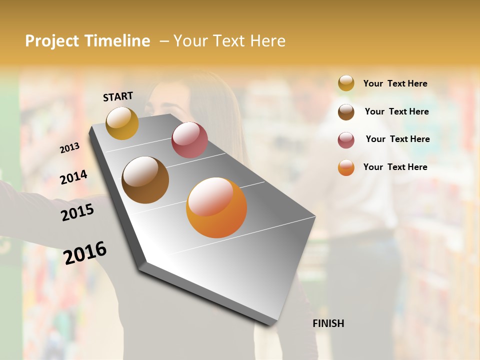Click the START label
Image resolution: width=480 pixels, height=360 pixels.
[118, 96]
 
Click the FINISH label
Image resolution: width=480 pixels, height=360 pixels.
[328, 323]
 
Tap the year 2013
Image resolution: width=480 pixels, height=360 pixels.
[69, 148]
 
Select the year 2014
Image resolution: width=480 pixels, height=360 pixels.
[73, 177]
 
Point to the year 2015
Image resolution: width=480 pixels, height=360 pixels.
[77, 212]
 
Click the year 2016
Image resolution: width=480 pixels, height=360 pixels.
[85, 252]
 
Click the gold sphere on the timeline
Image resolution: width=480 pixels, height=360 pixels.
[122, 123]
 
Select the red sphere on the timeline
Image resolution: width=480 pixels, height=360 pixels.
[189, 140]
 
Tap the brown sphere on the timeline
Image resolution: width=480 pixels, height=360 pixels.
[145, 180]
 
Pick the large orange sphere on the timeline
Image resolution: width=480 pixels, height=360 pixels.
[216, 207]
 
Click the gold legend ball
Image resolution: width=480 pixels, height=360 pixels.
[346, 83]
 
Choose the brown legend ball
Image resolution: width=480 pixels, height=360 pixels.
[346, 111]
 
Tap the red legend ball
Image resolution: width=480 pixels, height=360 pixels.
[346, 139]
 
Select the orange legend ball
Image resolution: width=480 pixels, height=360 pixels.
[346, 167]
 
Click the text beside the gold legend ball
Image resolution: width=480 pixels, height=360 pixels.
[395, 83]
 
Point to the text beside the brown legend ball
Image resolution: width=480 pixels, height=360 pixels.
[396, 111]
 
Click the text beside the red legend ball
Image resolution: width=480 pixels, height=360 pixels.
[397, 139]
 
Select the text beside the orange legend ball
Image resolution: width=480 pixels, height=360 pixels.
[395, 167]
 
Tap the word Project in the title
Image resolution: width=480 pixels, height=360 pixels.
[52, 41]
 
